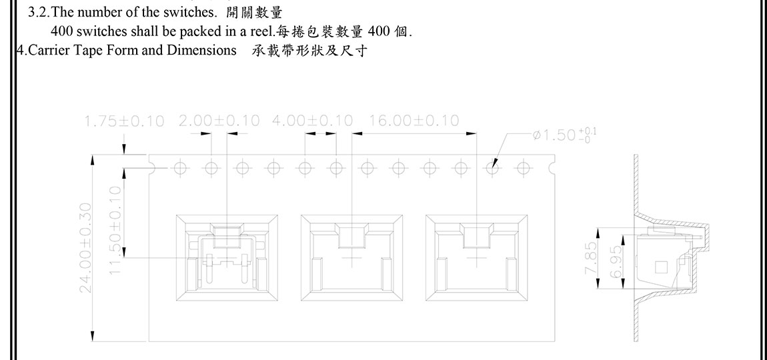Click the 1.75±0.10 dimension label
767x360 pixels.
[x=124, y=121]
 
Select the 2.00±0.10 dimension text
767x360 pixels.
[x=219, y=121]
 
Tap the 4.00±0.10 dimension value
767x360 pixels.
[x=313, y=121]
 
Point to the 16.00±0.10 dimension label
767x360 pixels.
[x=414, y=121]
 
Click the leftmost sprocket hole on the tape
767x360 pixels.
[x=179, y=168]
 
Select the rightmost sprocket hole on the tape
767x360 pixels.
[x=525, y=168]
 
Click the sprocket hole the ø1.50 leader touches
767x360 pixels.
[x=494, y=168]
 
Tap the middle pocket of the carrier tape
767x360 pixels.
[x=351, y=257]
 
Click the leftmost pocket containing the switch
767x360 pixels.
[x=225, y=257]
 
